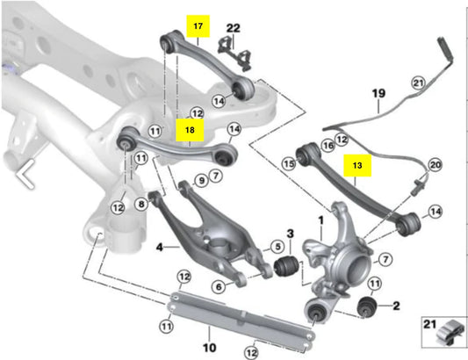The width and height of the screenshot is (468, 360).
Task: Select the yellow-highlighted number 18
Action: pyautogui.click(x=190, y=130)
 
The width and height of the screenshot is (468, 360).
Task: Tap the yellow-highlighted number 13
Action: pyautogui.click(x=356, y=163)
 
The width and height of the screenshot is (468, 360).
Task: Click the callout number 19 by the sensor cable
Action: pyautogui.click(x=378, y=92)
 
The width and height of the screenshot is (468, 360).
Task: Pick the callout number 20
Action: pyautogui.click(x=433, y=164)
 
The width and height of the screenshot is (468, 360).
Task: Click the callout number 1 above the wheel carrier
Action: pyautogui.click(x=320, y=211)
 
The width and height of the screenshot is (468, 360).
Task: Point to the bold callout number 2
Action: pyautogui.click(x=396, y=306)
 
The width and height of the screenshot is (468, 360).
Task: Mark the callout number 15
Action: pyautogui.click(x=287, y=163)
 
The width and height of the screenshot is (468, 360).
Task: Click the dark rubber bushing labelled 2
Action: pyautogui.click(x=370, y=307)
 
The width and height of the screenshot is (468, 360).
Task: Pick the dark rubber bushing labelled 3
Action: pyautogui.click(x=284, y=265)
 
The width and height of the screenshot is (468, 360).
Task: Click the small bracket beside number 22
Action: pyautogui.click(x=232, y=49)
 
